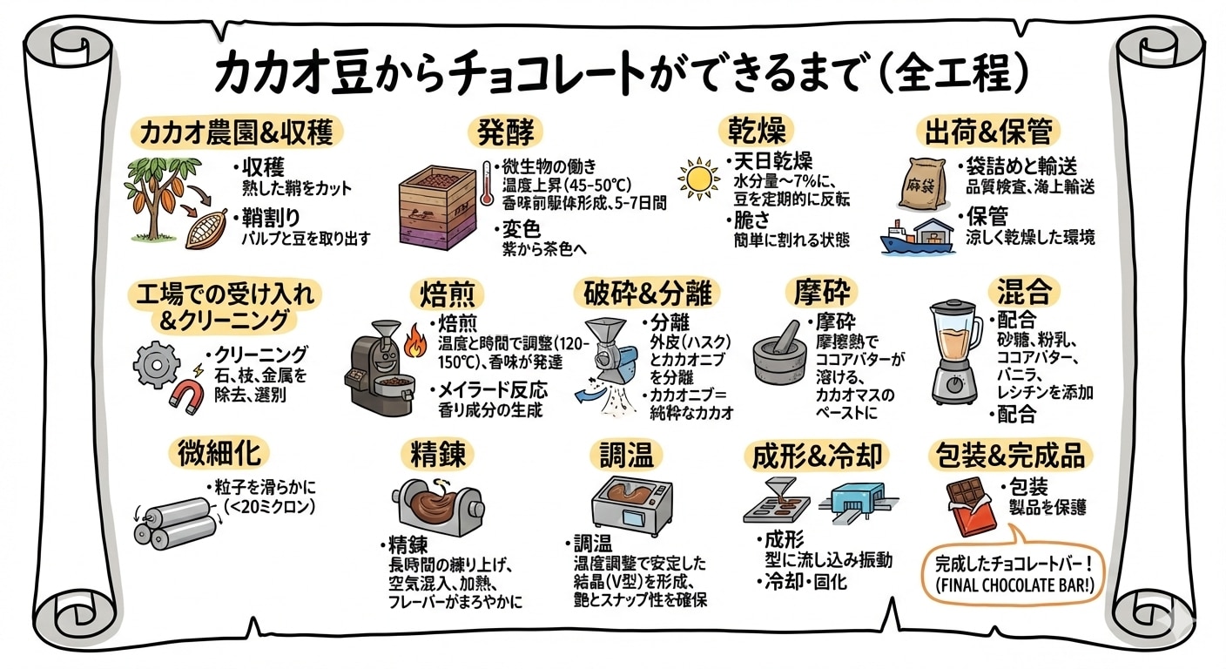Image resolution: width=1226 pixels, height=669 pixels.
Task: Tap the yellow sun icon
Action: click(697, 179)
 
